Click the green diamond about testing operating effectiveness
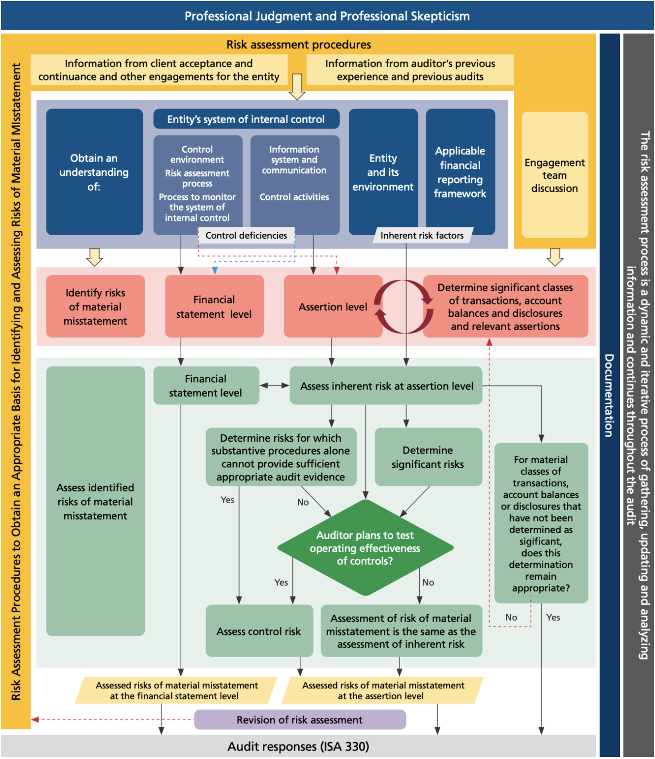pos(365,548)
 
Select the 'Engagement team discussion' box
pos(554,175)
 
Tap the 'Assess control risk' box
pos(259,631)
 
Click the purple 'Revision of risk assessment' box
pos(299,720)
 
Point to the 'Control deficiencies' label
pos(246,236)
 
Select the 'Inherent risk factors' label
pos(422,236)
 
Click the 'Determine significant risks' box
pos(428,457)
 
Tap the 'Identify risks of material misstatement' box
pos(95,307)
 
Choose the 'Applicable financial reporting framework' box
pos(460,172)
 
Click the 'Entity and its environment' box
pos(383,172)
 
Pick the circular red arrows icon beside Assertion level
pos(403,307)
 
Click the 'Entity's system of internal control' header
pos(246,119)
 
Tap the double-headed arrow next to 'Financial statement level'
pos(274,385)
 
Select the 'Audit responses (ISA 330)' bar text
pos(298,746)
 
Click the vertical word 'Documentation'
pos(609,395)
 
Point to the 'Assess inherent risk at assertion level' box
pos(386,386)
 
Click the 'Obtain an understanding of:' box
pos(94,172)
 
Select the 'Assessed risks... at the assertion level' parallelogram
pos(383,690)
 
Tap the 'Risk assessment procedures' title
pos(298,44)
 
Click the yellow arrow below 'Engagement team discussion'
pos(555,257)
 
